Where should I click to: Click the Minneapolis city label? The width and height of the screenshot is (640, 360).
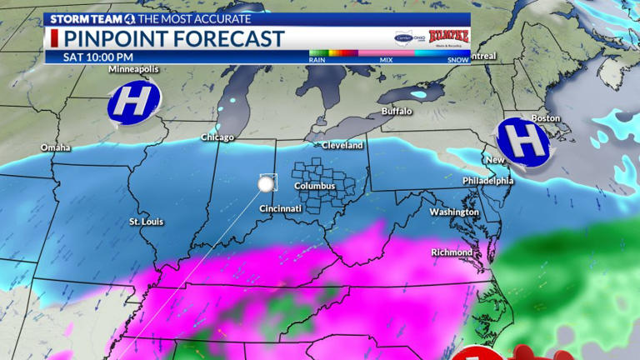click(134, 70)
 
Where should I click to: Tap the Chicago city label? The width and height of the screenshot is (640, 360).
click(217, 137)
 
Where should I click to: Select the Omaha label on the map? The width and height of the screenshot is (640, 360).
click(56, 148)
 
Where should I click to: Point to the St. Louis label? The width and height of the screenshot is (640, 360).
click(146, 222)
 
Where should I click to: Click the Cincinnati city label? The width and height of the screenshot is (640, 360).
click(280, 208)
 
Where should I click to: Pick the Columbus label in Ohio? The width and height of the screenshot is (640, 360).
click(314, 186)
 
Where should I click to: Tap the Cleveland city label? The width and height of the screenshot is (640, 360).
click(343, 145)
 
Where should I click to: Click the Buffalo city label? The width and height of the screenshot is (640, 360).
click(397, 111)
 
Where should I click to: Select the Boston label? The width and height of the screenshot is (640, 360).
click(546, 118)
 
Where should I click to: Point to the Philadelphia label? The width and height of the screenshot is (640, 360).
click(488, 180)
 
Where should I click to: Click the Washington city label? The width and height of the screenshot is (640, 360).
click(454, 212)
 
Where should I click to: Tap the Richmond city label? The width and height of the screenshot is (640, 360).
click(452, 252)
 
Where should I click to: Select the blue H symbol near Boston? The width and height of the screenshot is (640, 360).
click(522, 139)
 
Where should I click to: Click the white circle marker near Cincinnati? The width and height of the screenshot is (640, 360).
click(267, 183)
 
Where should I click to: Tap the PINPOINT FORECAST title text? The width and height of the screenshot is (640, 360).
click(174, 38)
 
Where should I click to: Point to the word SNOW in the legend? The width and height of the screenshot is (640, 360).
click(458, 60)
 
